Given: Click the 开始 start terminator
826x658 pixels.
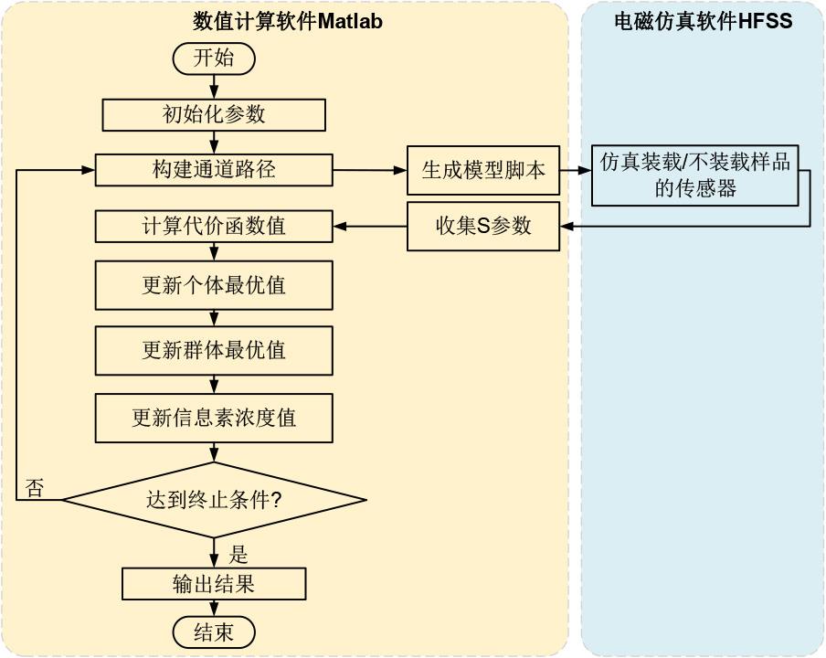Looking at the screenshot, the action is (x=213, y=58).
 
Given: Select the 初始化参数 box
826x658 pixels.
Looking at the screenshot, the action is (x=213, y=115).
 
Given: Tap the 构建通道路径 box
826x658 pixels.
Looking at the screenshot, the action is (x=213, y=170).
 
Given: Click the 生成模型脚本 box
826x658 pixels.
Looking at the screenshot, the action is (x=483, y=170).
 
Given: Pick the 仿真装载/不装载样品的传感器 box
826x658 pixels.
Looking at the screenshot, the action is (x=694, y=175).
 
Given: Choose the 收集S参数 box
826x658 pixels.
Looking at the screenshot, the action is (x=483, y=226).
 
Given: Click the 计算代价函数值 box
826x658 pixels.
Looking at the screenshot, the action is (x=213, y=226).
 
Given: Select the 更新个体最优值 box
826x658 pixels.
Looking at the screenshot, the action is (x=213, y=285).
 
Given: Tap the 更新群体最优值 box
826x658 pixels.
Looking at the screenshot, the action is (x=213, y=350).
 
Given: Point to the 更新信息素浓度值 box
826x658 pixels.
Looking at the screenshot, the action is (x=213, y=418).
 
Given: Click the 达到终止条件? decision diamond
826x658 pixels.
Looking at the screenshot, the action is (x=214, y=500).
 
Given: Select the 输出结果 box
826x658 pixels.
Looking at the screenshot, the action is (x=213, y=584).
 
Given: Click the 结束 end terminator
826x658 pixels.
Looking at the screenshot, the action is (x=213, y=632).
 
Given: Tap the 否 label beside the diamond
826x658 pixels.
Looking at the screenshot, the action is (x=35, y=488).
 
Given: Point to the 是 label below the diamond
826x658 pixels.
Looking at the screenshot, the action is (x=238, y=554).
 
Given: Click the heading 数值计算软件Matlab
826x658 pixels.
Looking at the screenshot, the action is (x=288, y=22).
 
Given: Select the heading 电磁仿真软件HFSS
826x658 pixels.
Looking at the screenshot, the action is (x=704, y=21).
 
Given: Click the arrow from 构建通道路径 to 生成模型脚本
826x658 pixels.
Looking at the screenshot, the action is (x=370, y=170).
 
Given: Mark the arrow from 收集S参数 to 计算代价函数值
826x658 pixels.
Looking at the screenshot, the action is (x=370, y=226).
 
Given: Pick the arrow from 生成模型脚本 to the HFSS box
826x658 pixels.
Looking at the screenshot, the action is (x=576, y=170).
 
